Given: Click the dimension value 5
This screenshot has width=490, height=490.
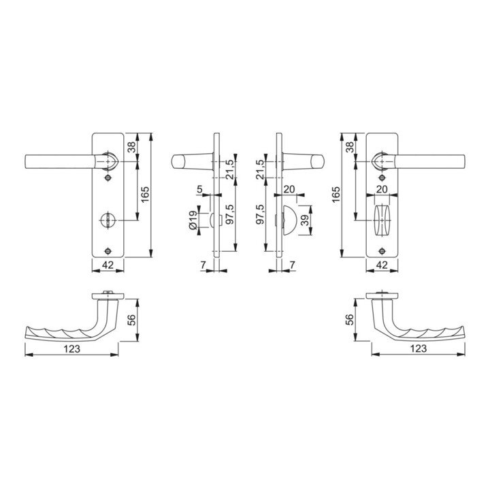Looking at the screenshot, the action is (200, 189).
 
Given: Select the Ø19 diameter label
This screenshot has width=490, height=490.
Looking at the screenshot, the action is (193, 220).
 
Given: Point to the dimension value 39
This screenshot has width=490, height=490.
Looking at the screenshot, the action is (305, 220).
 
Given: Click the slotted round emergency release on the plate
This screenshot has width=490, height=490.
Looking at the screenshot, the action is (108, 220).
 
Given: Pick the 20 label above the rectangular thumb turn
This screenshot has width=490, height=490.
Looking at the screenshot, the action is (382, 189).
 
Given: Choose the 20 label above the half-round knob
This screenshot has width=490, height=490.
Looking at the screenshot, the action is (289, 189).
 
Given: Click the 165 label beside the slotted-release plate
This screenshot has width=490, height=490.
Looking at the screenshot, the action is (145, 194).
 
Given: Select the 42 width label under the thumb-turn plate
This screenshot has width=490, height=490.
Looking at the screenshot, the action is (382, 265).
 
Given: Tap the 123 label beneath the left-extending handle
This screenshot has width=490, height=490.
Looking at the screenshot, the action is (72, 348).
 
